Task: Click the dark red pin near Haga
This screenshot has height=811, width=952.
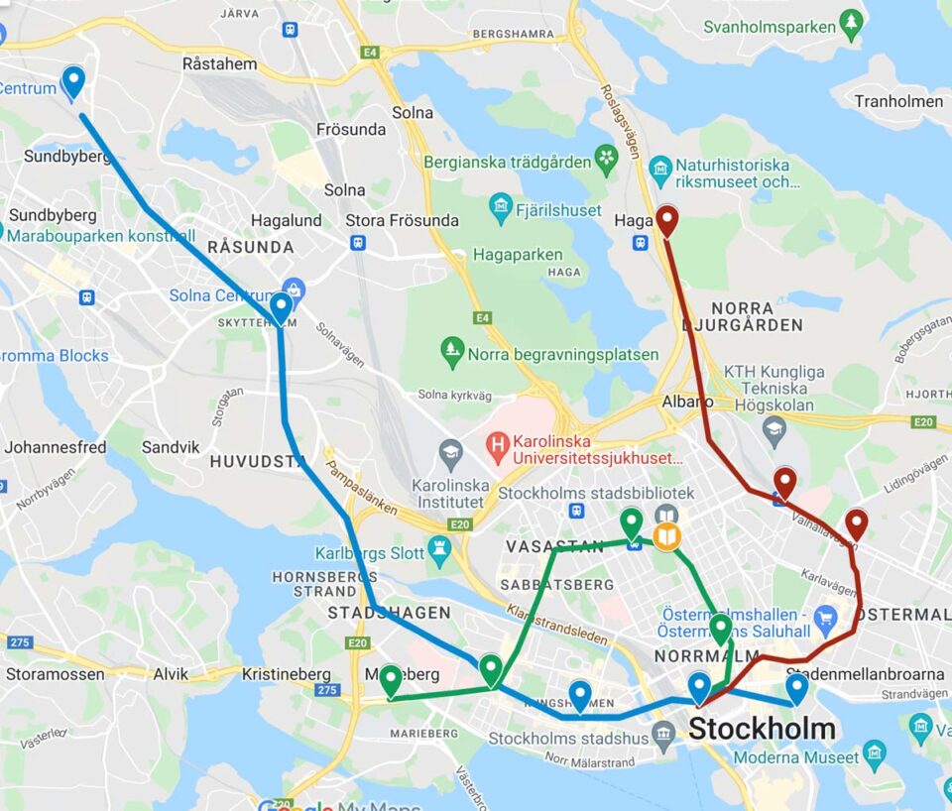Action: tap(666, 220)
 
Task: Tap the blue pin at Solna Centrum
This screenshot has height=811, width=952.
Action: tap(281, 307)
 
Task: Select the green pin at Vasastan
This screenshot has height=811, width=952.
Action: tap(631, 521)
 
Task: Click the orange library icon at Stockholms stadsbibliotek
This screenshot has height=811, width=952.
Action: tap(666, 537)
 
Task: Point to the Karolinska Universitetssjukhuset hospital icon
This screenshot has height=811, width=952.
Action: tap(497, 447)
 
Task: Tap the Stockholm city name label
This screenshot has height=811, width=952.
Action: tap(761, 729)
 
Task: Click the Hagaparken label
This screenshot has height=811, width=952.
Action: tap(518, 255)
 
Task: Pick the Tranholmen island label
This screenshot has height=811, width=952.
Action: tap(898, 101)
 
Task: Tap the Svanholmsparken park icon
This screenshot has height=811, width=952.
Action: tap(850, 22)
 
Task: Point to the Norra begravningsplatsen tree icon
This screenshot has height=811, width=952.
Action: tap(452, 350)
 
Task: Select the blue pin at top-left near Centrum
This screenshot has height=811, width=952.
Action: tap(72, 81)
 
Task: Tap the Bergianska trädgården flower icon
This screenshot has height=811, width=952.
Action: tap(606, 158)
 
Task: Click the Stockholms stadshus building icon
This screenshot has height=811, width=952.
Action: tap(663, 736)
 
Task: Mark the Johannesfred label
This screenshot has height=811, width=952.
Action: tap(55, 447)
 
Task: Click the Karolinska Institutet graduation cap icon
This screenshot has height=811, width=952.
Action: tap(450, 453)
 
